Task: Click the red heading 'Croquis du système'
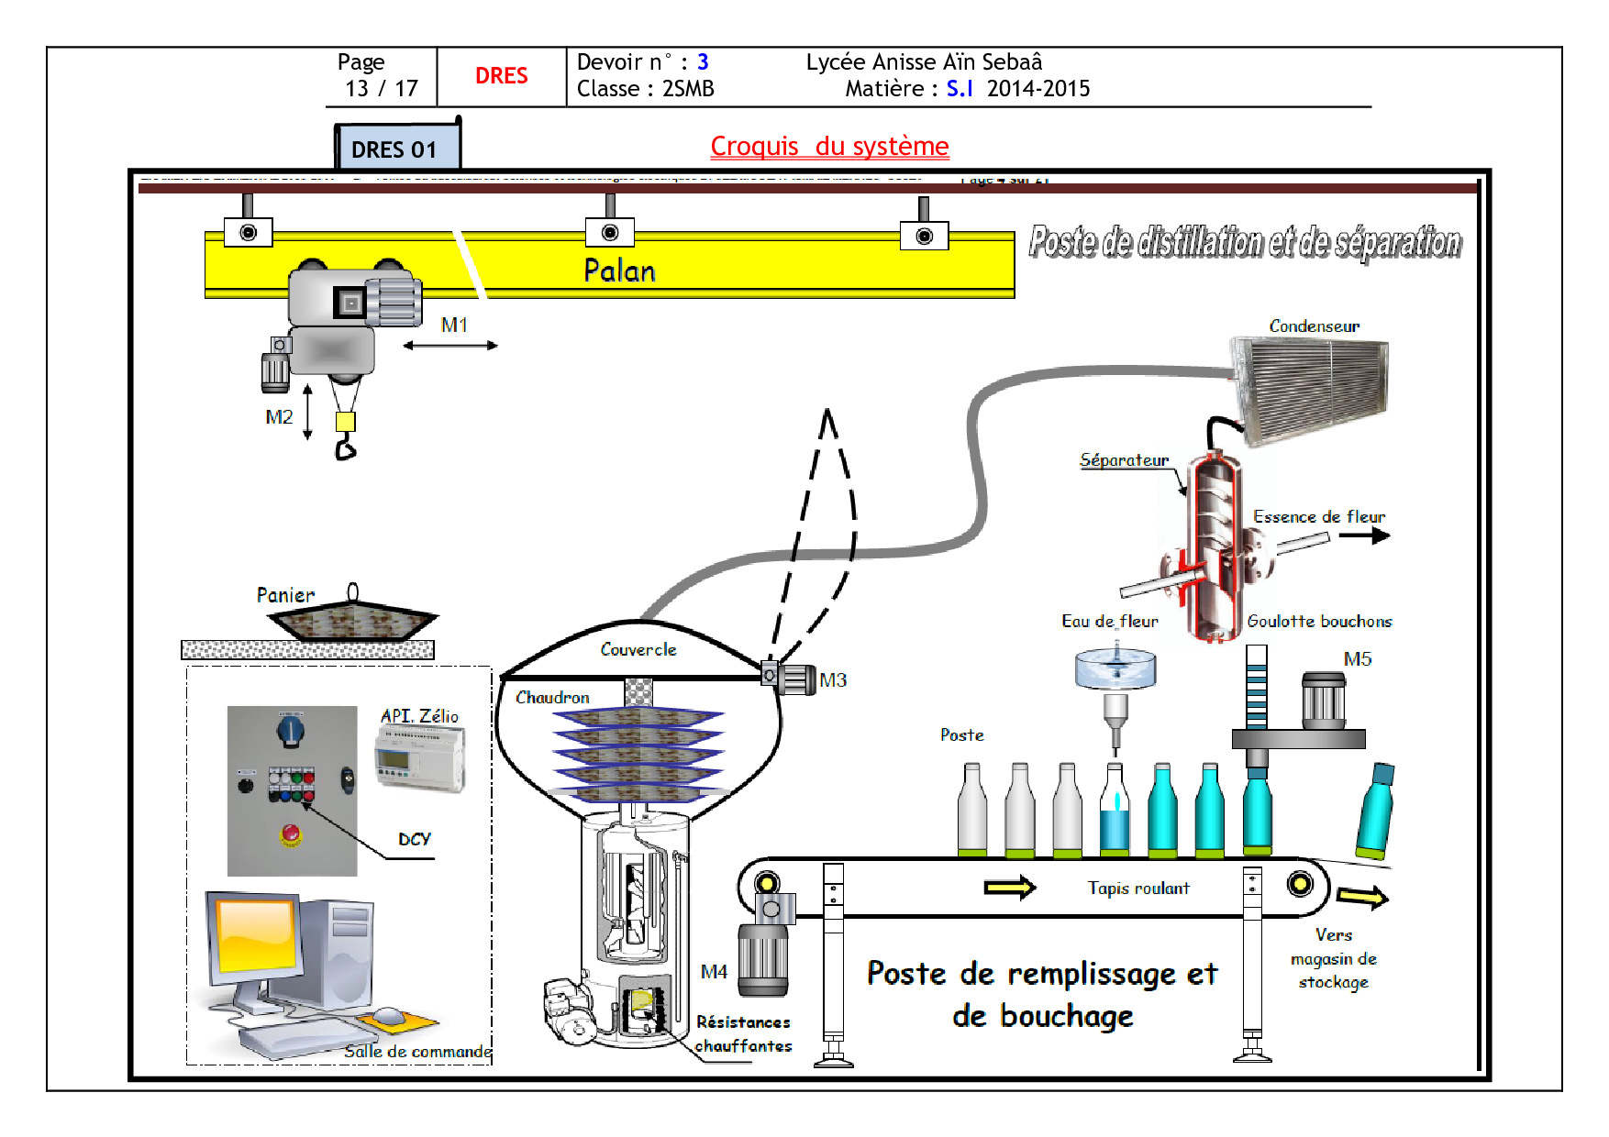pyautogui.click(x=829, y=147)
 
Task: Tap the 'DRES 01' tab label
pyautogui.click(x=394, y=149)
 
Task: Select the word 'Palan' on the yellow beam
pyautogui.click(x=619, y=270)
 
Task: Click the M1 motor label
pyautogui.click(x=454, y=326)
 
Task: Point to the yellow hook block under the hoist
pyautogui.click(x=345, y=422)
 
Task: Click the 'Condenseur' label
pyautogui.click(x=1314, y=326)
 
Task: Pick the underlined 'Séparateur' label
pyautogui.click(x=1124, y=460)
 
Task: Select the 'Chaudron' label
pyautogui.click(x=552, y=698)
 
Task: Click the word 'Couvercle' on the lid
pyautogui.click(x=638, y=650)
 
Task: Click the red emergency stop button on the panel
pyautogui.click(x=290, y=833)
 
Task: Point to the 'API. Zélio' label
pyautogui.click(x=419, y=716)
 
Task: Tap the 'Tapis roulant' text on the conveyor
pyautogui.click(x=1137, y=889)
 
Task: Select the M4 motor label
pyautogui.click(x=714, y=972)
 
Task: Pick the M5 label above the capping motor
pyautogui.click(x=1357, y=659)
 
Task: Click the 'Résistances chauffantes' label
pyautogui.click(x=743, y=1034)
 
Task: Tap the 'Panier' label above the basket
pyautogui.click(x=285, y=596)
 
